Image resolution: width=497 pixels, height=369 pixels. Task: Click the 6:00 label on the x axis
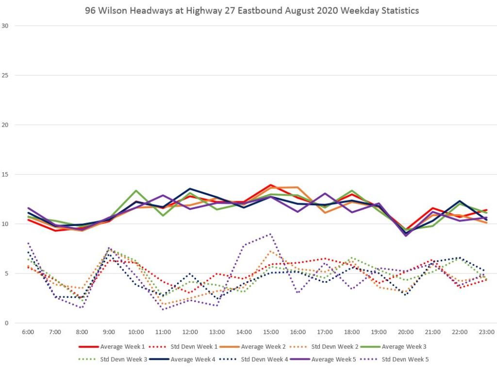coord(28,332)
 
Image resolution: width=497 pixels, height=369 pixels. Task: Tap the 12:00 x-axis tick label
coord(190,332)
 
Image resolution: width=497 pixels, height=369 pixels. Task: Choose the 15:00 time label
coord(271,332)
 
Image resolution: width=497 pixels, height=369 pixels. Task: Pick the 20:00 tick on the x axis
coord(406,332)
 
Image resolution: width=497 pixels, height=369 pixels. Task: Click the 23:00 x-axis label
coord(487,332)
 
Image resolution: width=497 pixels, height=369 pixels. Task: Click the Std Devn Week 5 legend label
coord(405,359)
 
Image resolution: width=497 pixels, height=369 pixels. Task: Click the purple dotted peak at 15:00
coord(271,234)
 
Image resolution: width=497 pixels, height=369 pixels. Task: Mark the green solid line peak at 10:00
coord(136,191)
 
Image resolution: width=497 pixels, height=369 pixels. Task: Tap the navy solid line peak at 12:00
coord(190,189)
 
